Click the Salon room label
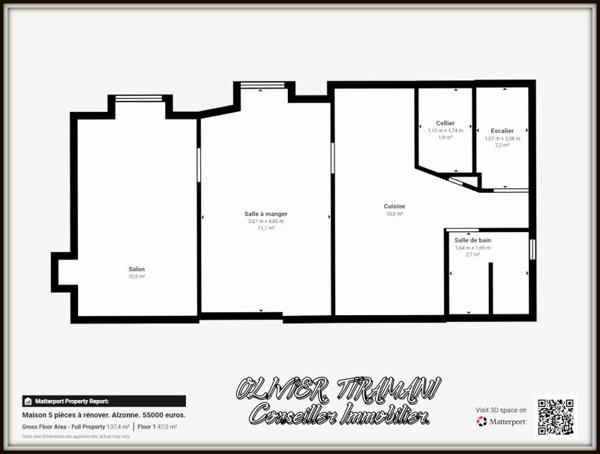point(136,269)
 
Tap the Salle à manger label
point(265,214)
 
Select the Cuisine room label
point(394,207)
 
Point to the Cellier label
point(445,123)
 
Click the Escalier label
point(502,130)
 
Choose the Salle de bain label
point(472,240)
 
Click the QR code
point(556,417)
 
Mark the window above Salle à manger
point(264,86)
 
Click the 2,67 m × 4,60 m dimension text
point(266,221)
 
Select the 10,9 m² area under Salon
point(136,276)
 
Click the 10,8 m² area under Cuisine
point(394,214)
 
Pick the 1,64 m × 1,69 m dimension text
point(472,247)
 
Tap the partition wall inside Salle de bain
point(490,290)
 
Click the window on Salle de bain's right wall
point(532,249)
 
